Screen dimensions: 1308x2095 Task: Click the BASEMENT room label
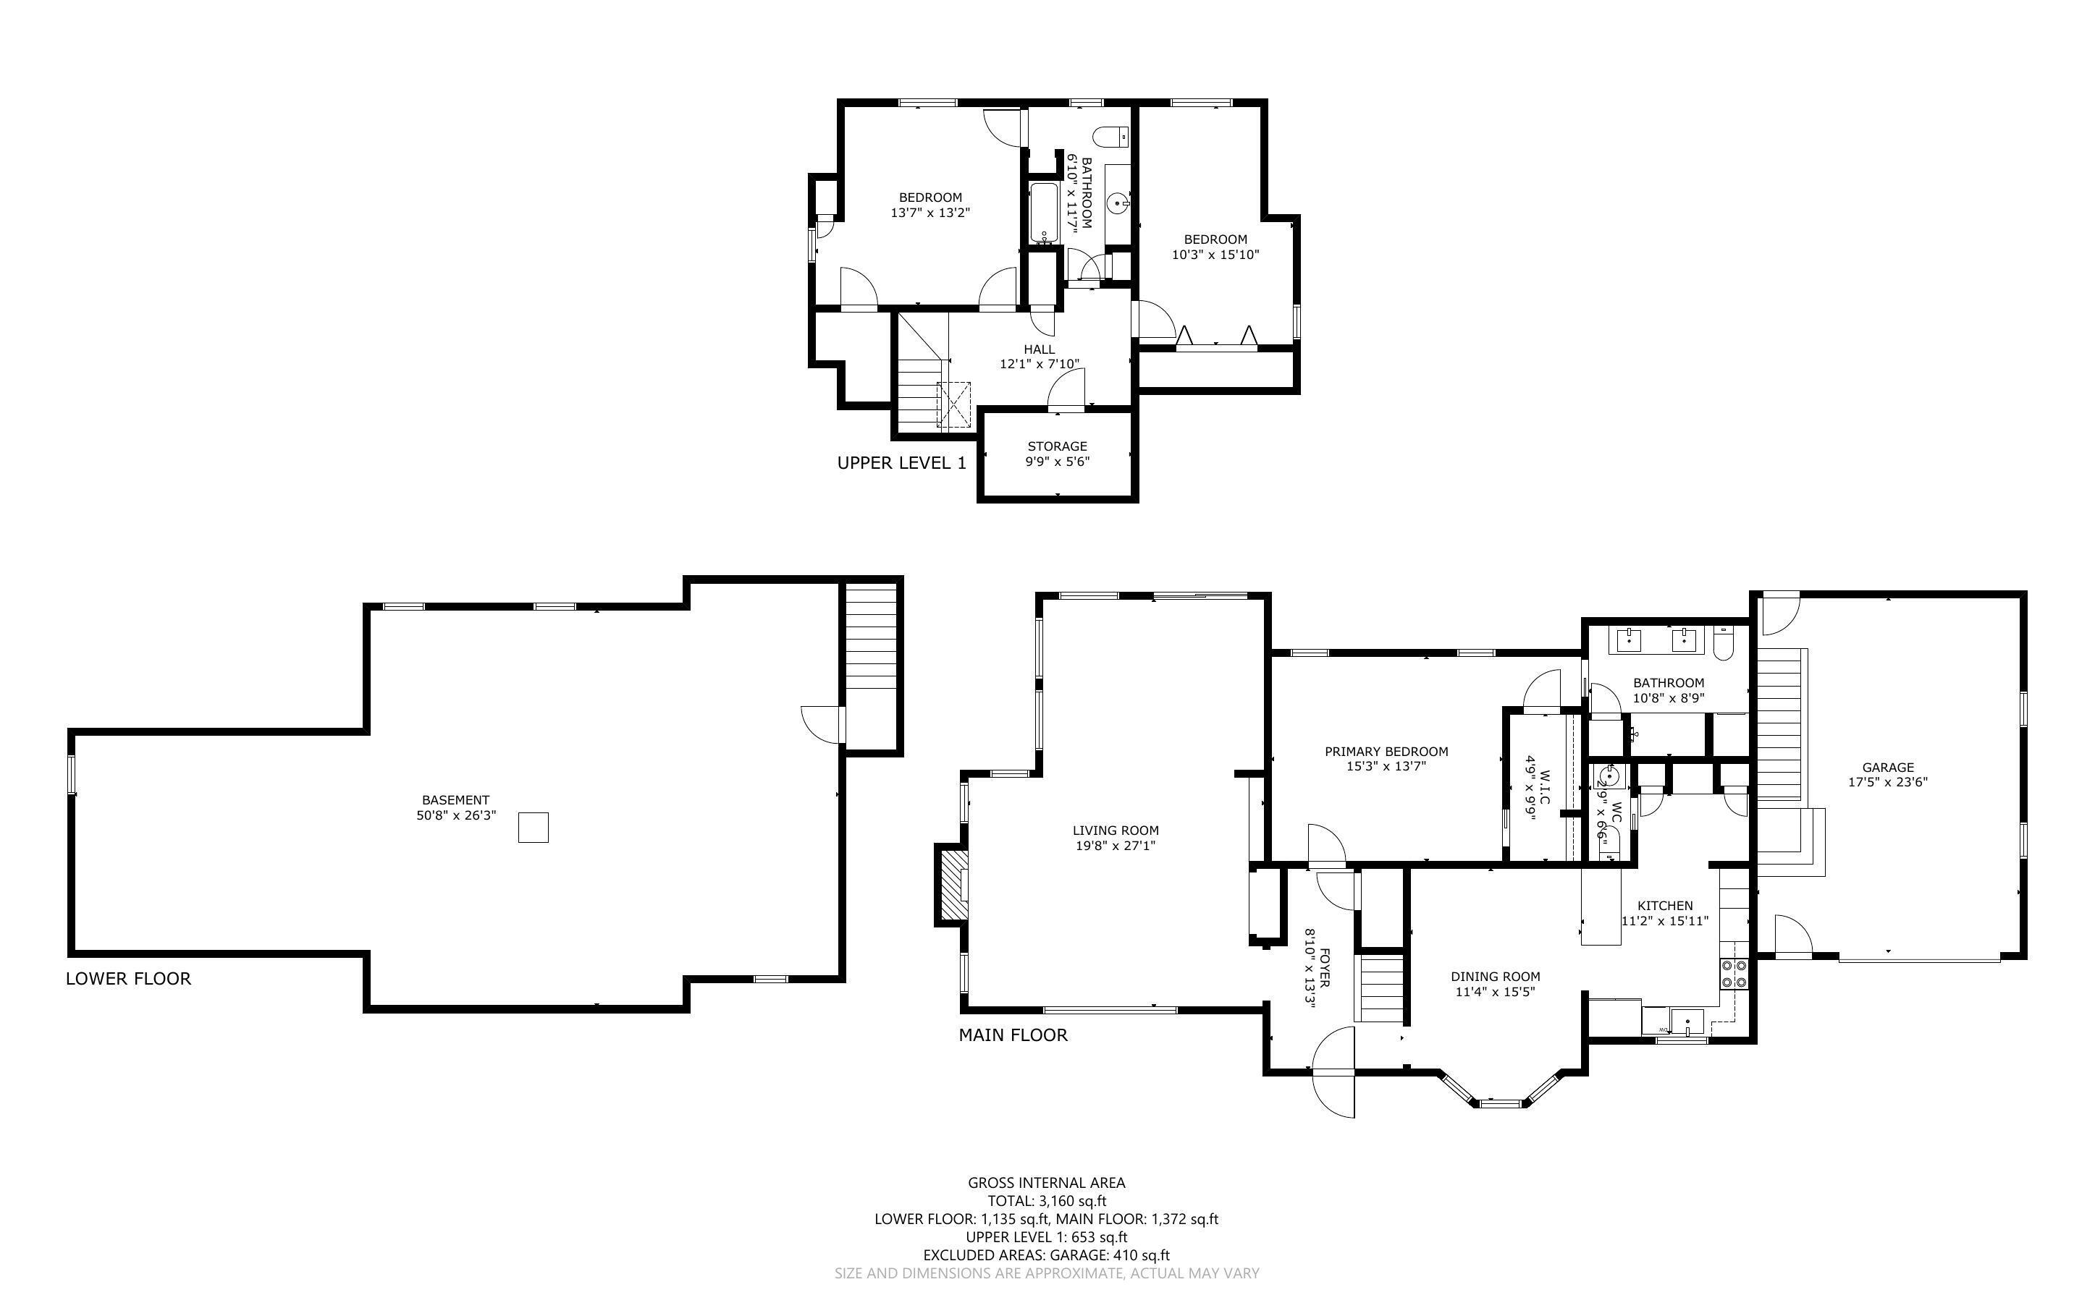tap(455, 800)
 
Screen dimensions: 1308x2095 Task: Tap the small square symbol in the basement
tap(533, 827)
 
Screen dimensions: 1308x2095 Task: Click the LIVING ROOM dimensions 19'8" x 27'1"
tap(1116, 845)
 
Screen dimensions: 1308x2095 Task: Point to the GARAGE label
tap(1887, 768)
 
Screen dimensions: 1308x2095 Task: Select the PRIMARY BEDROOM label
tap(1386, 752)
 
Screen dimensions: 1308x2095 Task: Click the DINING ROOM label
tap(1496, 977)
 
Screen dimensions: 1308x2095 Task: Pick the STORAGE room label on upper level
tap(1057, 446)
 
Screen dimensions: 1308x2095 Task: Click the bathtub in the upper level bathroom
tap(1042, 213)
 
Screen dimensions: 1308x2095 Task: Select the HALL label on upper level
tap(1040, 349)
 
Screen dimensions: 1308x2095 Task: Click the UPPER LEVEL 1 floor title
tap(901, 463)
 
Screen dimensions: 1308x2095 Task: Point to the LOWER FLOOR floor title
tap(128, 978)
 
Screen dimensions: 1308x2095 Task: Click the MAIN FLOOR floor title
tap(1013, 1035)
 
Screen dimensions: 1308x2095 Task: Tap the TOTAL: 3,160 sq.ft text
tap(1046, 1201)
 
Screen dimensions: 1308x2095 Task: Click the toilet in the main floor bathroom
tap(1723, 646)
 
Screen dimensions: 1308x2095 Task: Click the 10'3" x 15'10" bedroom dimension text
tap(1215, 255)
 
